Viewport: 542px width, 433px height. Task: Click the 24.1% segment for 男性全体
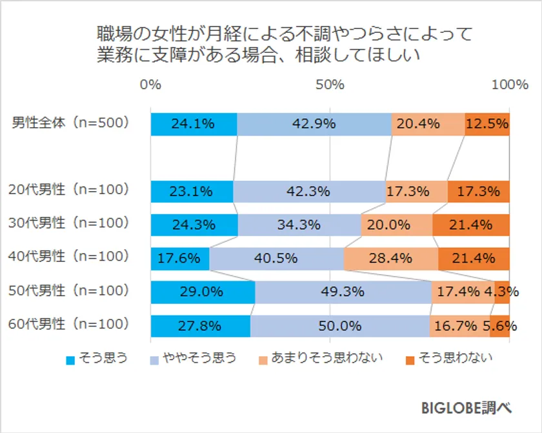point(194,124)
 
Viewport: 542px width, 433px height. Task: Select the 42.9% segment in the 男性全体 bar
point(314,124)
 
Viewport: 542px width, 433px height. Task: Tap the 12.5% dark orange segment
point(487,124)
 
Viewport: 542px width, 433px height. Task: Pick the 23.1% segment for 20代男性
point(192,192)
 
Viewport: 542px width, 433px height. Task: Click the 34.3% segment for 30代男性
point(299,225)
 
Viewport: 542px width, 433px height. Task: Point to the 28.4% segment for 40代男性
point(391,259)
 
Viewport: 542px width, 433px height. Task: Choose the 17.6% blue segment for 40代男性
point(180,259)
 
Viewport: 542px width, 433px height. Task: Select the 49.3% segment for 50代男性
point(343,292)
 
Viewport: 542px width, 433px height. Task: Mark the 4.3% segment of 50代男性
point(502,292)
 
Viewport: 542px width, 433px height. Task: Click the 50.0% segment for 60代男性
point(340,326)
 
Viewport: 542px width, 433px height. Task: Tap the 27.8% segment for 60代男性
point(201,326)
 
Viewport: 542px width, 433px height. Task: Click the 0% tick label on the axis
point(151,85)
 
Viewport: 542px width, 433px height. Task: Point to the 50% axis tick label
point(330,85)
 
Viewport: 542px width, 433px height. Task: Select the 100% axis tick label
point(508,85)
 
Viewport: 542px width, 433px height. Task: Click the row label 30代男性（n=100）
point(69,223)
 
